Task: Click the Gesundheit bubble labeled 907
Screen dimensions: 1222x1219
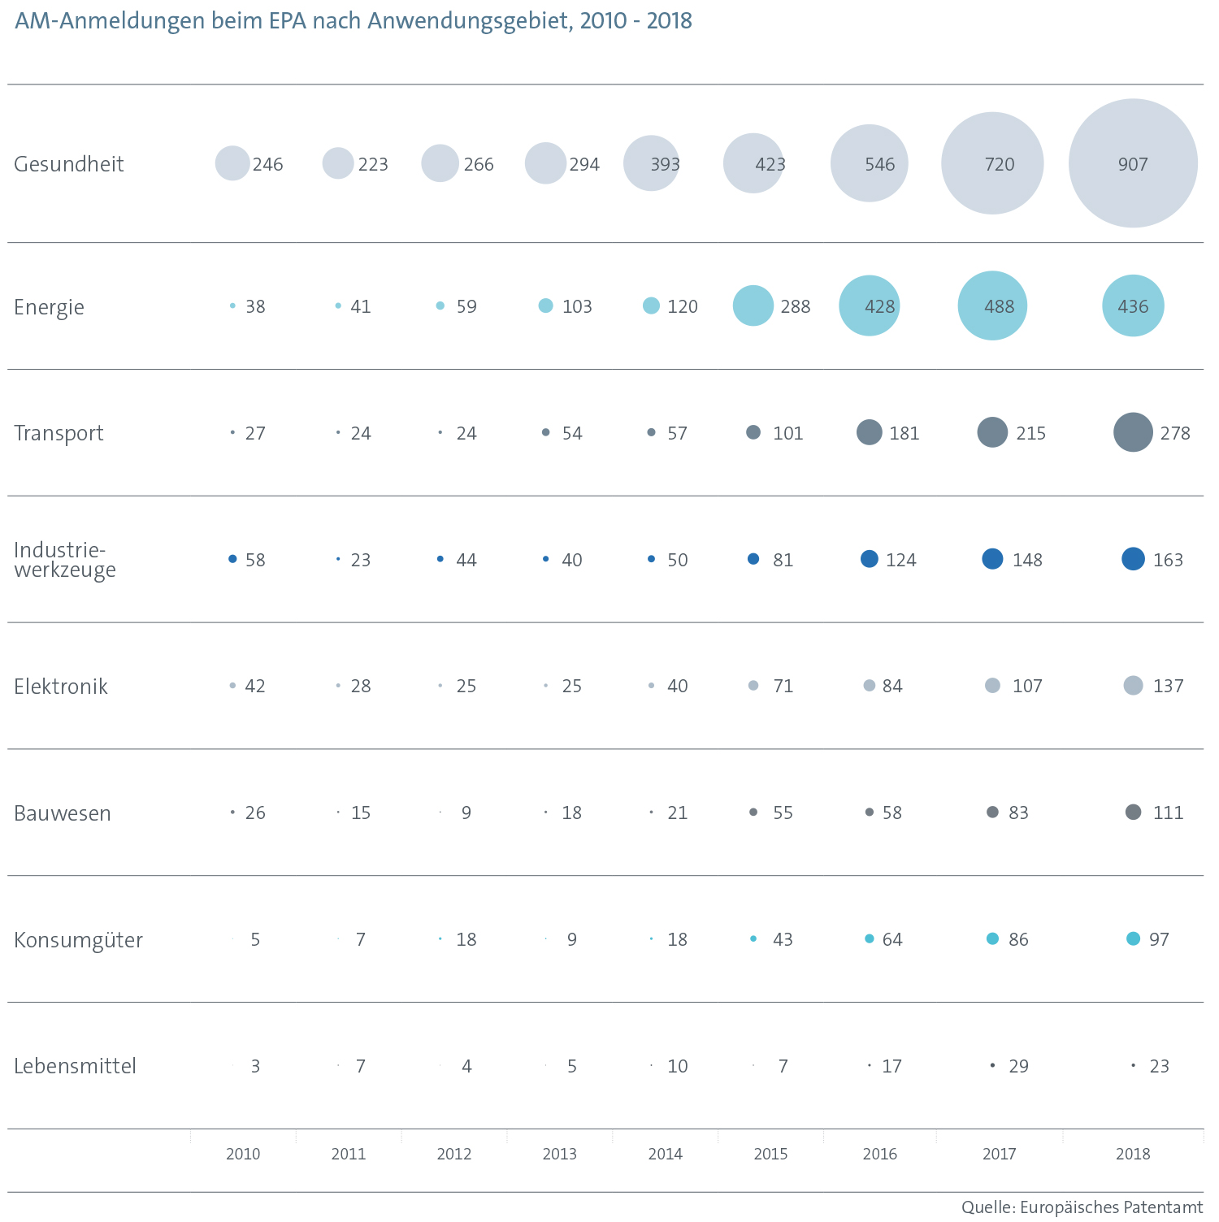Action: click(x=1133, y=163)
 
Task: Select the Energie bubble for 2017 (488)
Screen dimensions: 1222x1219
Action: click(x=992, y=305)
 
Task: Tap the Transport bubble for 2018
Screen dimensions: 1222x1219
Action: click(x=1133, y=432)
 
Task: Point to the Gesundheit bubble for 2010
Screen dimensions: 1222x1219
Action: click(x=232, y=163)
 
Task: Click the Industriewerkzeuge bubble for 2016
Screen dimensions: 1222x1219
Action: click(x=869, y=559)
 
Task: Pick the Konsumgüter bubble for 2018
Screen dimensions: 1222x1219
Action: click(x=1133, y=938)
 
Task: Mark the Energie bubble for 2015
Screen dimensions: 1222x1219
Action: click(x=753, y=305)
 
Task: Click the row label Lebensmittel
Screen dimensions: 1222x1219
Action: click(x=75, y=1066)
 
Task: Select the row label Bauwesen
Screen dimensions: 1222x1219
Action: click(x=63, y=813)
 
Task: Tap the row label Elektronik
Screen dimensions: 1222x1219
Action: click(x=61, y=687)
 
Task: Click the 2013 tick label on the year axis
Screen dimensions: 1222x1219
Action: click(x=559, y=1154)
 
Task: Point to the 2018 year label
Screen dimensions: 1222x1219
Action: click(x=1133, y=1154)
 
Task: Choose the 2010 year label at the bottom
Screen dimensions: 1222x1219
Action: click(x=243, y=1154)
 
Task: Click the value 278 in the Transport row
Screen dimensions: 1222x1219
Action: click(x=1175, y=433)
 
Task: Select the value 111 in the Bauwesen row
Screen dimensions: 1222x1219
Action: click(x=1168, y=812)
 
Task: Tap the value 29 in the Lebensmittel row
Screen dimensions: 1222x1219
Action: click(x=1018, y=1066)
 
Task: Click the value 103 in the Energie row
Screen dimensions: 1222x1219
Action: click(x=577, y=306)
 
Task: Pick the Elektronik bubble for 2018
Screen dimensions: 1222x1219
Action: click(x=1133, y=685)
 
